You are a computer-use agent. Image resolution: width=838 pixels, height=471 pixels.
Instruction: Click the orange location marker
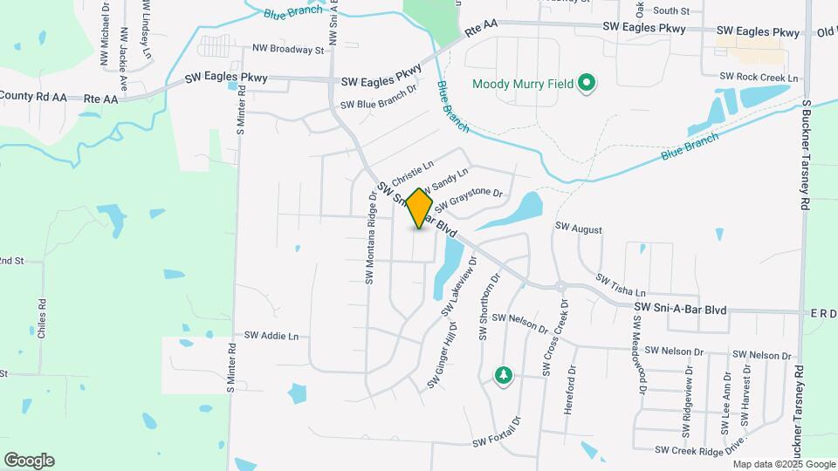[420, 208]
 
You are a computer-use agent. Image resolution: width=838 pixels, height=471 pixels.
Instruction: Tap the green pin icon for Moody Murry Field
[587, 84]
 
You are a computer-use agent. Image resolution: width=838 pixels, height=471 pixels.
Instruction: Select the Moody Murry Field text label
[523, 85]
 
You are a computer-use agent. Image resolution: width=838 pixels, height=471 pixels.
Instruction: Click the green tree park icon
[503, 376]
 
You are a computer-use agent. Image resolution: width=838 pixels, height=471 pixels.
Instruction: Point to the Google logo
[29, 461]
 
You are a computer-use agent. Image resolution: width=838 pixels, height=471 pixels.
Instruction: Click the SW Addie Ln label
[271, 335]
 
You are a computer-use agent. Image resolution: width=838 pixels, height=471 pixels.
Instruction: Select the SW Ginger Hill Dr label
[443, 360]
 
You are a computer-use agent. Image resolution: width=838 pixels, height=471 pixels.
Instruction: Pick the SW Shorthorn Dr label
[486, 306]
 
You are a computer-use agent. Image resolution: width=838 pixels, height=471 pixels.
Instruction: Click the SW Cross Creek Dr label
[554, 338]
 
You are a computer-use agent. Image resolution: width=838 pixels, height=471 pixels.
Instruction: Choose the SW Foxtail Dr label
[496, 433]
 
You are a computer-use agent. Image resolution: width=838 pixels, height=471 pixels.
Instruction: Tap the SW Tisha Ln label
[621, 285]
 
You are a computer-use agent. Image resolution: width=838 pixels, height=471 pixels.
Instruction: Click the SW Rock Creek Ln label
[759, 78]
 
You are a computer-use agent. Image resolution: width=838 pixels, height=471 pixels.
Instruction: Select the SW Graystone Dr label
[470, 199]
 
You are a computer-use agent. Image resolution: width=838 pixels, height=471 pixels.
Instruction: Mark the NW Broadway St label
[288, 50]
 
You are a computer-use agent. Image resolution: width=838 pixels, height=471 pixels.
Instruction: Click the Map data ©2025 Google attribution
[784, 464]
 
